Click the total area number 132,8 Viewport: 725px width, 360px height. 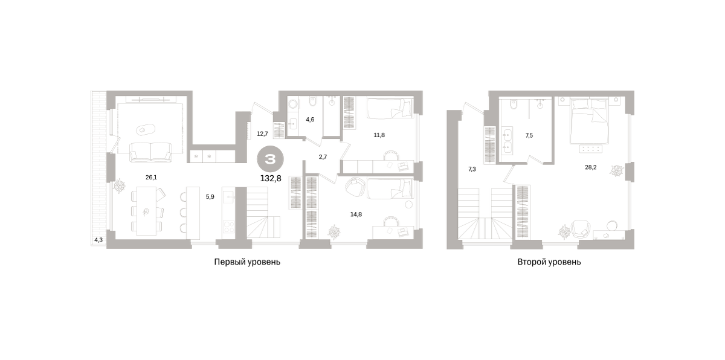tap(271, 178)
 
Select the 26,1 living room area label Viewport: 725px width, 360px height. tap(151, 177)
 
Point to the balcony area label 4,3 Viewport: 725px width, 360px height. tap(98, 240)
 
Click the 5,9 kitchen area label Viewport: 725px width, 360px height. tap(210, 197)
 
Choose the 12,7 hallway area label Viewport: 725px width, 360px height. tap(262, 133)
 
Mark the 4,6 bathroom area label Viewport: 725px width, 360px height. tap(310, 120)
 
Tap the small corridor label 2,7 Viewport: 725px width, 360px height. tap(323, 157)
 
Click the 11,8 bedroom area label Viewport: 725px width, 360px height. tap(379, 135)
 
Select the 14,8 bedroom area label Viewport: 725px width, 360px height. tap(356, 214)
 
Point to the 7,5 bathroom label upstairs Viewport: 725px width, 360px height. tap(529, 135)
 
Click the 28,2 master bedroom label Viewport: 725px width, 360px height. tap(591, 167)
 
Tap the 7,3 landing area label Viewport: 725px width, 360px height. tap(472, 169)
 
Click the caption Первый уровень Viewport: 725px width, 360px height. tap(247, 262)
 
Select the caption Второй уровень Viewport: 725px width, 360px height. tap(549, 262)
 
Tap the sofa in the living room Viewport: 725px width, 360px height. tap(151, 152)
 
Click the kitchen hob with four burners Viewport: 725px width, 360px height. tap(229, 227)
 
